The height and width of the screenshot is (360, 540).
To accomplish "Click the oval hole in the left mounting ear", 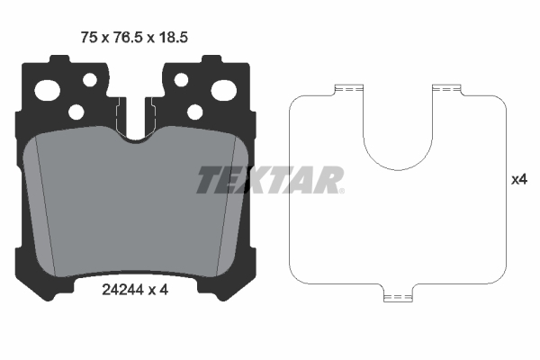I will pos(47,89).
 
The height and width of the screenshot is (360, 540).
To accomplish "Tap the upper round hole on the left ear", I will pos(90,80).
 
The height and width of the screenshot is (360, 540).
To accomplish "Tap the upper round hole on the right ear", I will pos(181,80).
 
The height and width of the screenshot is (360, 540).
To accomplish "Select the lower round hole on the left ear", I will pos(76,112).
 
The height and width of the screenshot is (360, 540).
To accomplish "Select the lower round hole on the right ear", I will pos(194,112).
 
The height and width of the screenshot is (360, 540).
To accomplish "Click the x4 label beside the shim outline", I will pos(518,180).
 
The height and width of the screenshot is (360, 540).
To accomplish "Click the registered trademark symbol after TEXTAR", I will pos(341,191).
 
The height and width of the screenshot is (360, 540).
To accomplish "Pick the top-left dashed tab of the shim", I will pos(346,88).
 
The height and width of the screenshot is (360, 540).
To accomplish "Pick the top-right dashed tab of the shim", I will pos(445,88).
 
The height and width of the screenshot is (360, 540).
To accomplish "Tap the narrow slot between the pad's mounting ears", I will pos(136,112).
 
